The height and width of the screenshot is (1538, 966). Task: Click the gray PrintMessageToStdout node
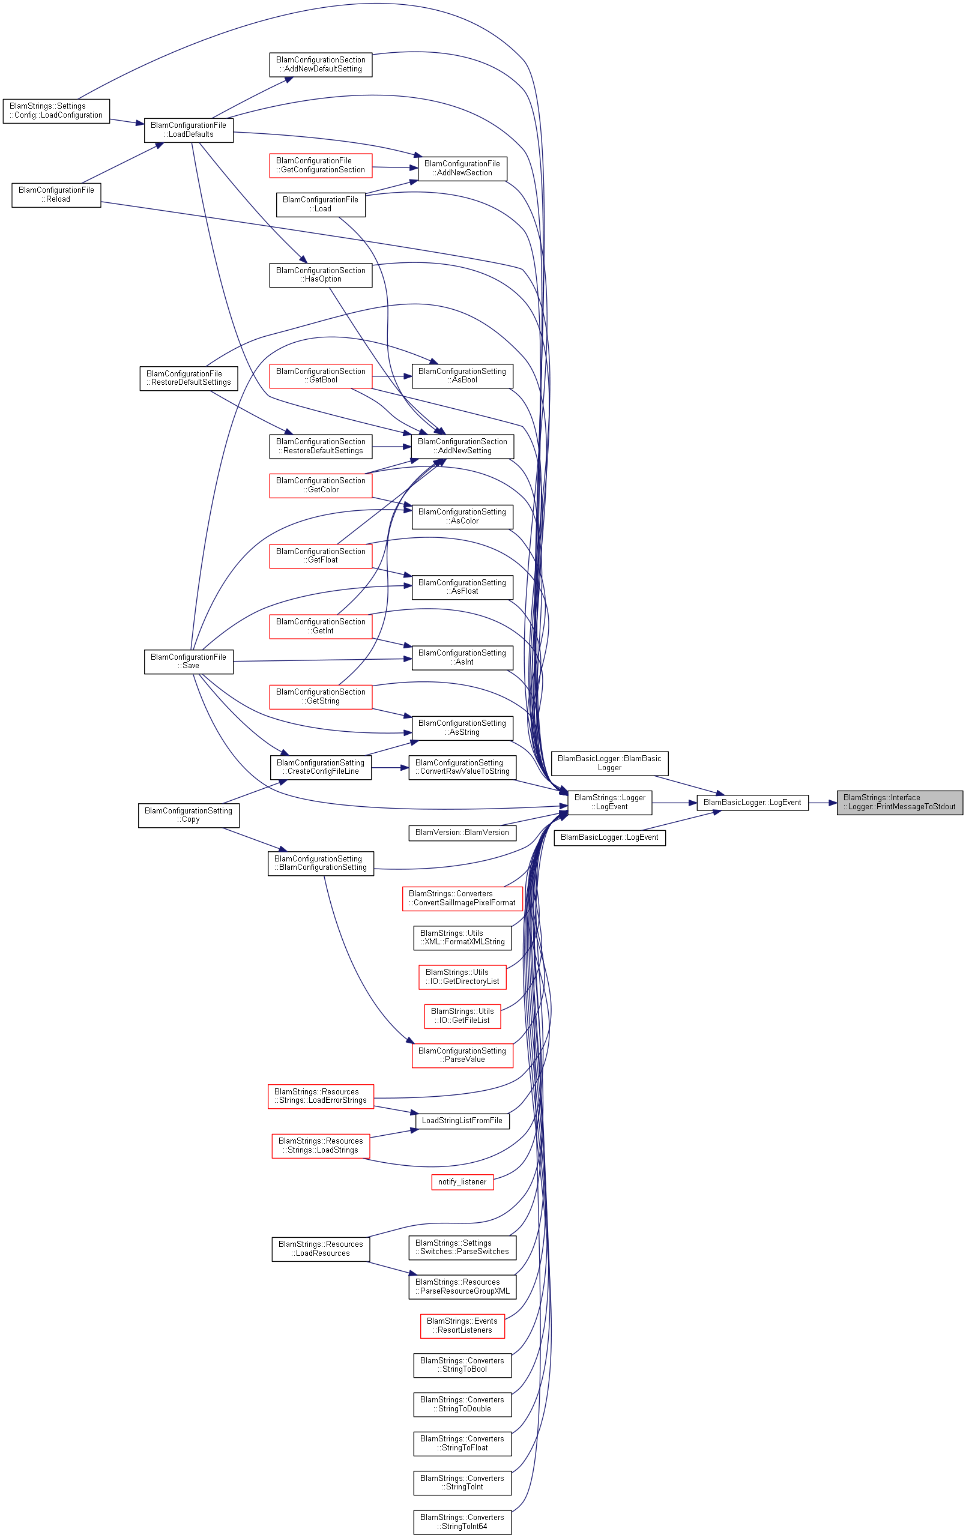pyautogui.click(x=899, y=802)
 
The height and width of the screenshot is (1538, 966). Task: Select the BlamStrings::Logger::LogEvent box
pyautogui.click(x=609, y=802)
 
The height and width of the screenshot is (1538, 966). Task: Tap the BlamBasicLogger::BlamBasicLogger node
pyautogui.click(x=609, y=763)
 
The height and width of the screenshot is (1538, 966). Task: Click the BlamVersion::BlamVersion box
pyautogui.click(x=462, y=833)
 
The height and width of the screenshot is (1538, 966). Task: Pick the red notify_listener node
pyautogui.click(x=462, y=1182)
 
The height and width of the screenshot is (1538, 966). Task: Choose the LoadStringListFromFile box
pyautogui.click(x=462, y=1121)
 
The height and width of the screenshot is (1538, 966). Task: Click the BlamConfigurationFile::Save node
pyautogui.click(x=189, y=661)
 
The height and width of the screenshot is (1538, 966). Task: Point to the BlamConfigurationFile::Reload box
pyautogui.click(x=56, y=195)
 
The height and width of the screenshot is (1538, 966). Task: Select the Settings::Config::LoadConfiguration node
pyautogui.click(x=56, y=111)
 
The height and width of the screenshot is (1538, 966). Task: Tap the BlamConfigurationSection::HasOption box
pyautogui.click(x=321, y=276)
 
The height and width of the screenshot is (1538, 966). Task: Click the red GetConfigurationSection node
pyautogui.click(x=321, y=166)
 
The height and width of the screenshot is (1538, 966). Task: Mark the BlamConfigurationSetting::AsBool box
pyautogui.click(x=462, y=376)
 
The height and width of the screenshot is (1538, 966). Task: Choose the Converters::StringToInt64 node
pyautogui.click(x=462, y=1522)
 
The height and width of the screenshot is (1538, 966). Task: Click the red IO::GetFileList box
pyautogui.click(x=462, y=1016)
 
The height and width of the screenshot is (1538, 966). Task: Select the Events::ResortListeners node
pyautogui.click(x=462, y=1326)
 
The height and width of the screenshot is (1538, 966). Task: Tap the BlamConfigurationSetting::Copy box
pyautogui.click(x=189, y=815)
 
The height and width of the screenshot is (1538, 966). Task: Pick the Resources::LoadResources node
pyautogui.click(x=321, y=1249)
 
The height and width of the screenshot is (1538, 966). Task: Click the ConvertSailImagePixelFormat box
pyautogui.click(x=462, y=899)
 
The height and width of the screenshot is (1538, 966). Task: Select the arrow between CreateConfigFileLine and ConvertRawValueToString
pyautogui.click(x=390, y=768)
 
